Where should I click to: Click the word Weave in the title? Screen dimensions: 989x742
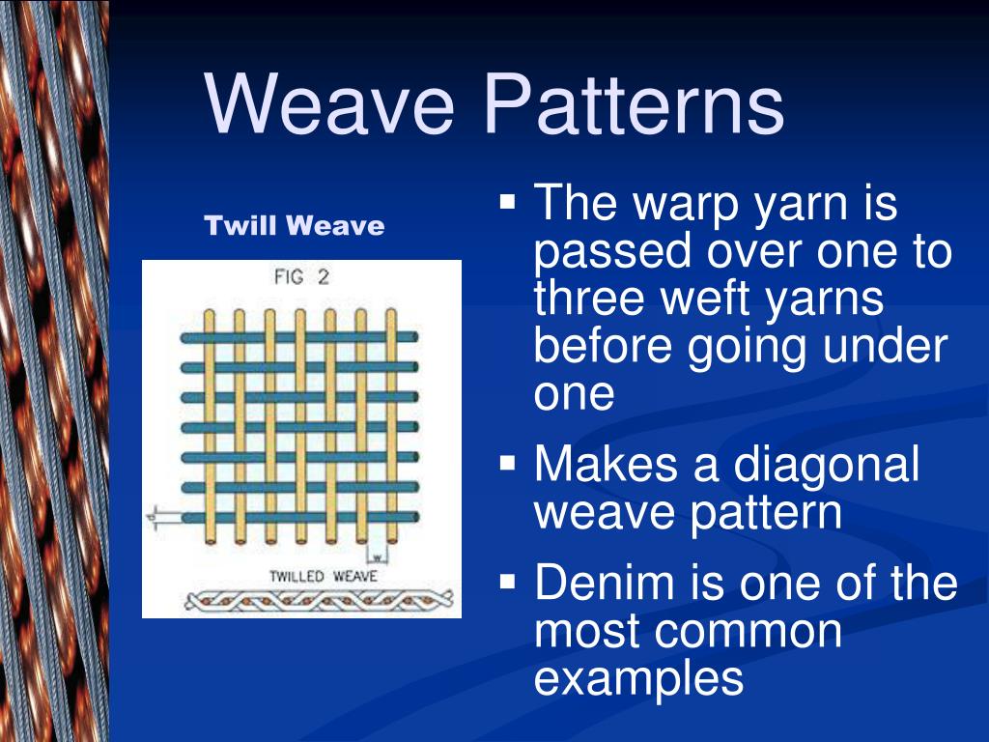(328, 102)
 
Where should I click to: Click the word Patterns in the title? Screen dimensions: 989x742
(634, 102)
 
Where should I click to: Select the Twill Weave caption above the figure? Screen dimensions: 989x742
(294, 225)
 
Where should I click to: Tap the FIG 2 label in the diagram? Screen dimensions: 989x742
(301, 277)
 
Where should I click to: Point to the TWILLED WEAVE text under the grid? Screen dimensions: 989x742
(323, 576)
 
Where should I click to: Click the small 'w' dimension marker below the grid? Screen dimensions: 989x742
(378, 557)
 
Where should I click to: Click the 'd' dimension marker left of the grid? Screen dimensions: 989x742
(152, 518)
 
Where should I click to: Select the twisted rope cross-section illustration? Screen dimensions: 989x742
(319, 600)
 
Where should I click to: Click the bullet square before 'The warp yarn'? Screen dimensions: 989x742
(508, 203)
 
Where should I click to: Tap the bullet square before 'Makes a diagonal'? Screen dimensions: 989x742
(508, 464)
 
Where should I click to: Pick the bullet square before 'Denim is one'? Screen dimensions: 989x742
(508, 581)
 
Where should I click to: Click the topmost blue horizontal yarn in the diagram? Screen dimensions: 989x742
(299, 337)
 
